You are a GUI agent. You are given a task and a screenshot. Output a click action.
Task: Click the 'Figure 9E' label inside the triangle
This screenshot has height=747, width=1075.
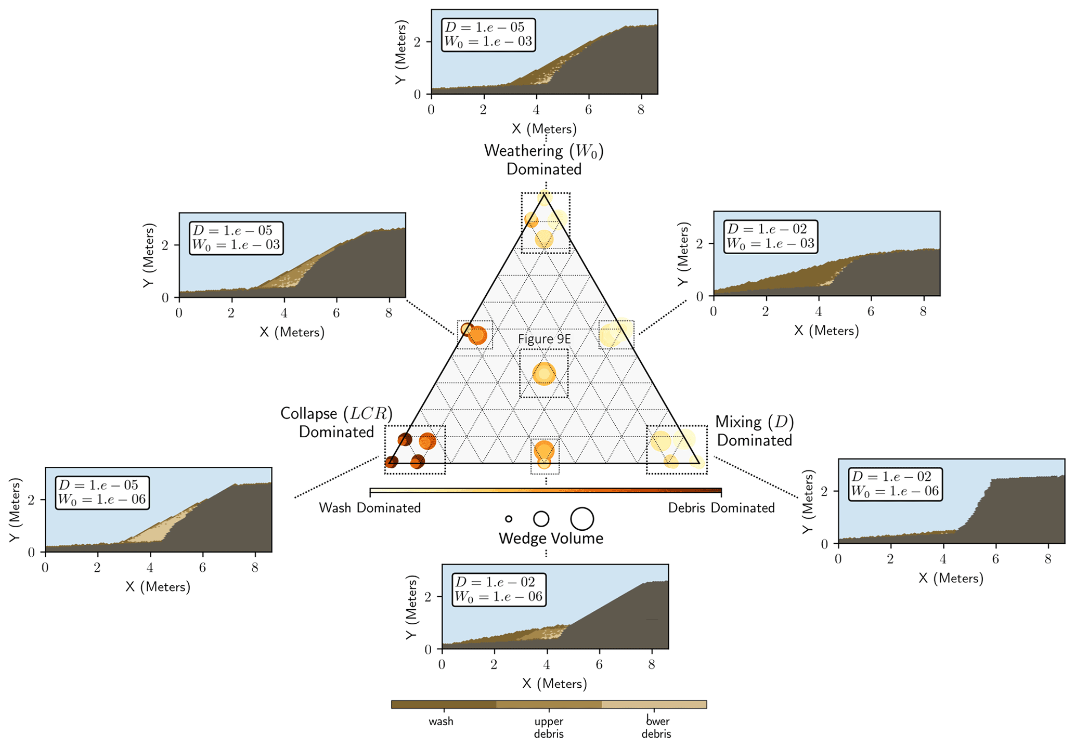544,339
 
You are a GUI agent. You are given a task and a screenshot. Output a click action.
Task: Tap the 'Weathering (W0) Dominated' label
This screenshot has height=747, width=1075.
544,160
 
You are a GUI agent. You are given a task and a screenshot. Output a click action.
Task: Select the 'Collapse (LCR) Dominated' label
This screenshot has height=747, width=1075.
336,423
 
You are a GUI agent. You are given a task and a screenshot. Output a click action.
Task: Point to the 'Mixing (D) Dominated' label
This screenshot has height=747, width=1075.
755,431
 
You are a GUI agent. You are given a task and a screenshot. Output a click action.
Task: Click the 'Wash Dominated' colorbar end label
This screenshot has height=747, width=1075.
370,508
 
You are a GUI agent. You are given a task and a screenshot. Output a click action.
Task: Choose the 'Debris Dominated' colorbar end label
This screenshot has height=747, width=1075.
721,508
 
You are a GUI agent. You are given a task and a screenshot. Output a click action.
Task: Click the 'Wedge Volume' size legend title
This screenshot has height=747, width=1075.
551,539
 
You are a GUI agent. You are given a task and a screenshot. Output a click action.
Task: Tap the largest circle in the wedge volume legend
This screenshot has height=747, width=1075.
582,518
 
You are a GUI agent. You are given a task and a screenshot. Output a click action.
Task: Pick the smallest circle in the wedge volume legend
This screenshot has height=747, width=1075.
509,519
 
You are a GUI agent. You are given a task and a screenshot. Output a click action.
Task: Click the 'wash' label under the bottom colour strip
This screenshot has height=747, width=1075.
441,722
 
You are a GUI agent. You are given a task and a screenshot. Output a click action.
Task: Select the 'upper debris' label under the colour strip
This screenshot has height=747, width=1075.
549,728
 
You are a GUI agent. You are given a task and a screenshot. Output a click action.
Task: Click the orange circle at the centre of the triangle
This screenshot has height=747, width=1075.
544,373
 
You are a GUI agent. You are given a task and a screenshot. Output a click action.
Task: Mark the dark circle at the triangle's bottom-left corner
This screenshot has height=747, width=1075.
391,462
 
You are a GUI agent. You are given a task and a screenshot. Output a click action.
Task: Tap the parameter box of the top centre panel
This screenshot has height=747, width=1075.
488,34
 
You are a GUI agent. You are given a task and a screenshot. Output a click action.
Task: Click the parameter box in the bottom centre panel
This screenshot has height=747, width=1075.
499,589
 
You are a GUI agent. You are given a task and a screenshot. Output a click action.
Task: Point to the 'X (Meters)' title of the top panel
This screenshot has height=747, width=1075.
544,129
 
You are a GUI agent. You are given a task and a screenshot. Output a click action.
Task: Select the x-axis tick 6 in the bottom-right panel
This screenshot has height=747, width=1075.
995,559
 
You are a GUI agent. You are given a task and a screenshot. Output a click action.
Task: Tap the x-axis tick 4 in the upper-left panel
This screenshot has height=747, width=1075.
284,313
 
